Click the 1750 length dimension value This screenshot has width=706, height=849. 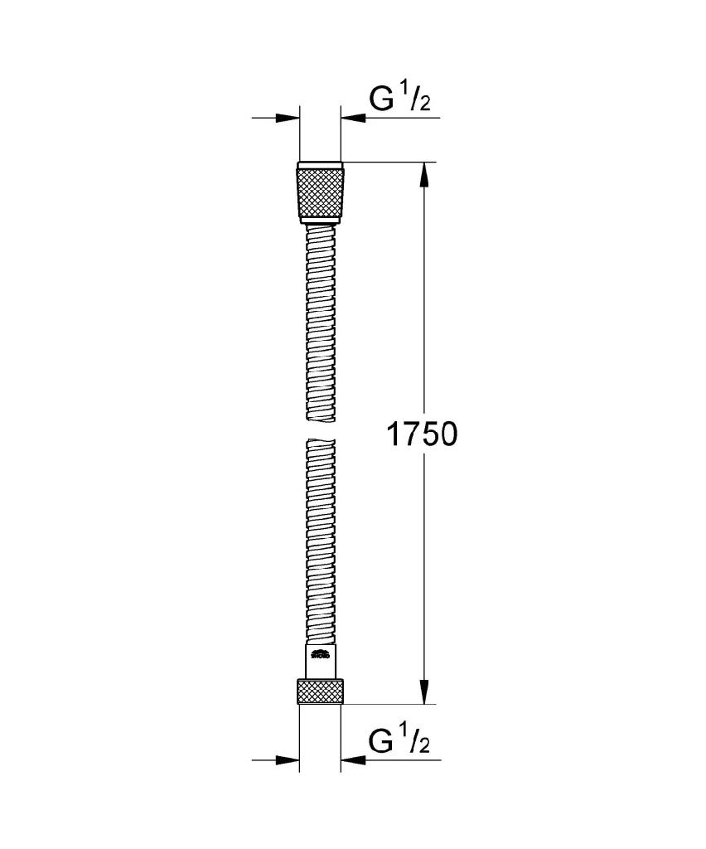point(422,434)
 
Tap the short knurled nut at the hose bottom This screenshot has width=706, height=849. point(320,691)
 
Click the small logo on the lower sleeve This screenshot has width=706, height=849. point(320,657)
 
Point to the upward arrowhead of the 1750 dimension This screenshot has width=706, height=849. point(424,174)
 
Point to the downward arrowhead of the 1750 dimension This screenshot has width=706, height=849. point(424,691)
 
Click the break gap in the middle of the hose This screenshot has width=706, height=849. point(320,428)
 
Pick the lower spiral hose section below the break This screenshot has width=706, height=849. point(320,539)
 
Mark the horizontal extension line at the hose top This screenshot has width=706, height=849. point(389,162)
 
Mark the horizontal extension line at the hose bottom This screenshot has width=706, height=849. point(389,704)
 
